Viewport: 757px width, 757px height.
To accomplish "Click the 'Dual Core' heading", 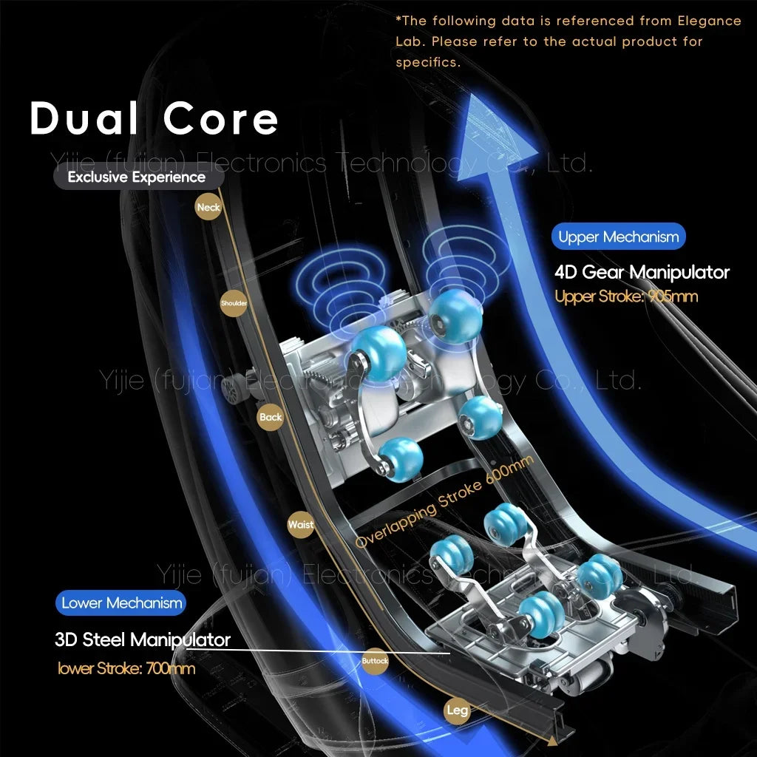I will (154, 118).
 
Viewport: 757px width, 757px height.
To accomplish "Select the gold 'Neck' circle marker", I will (208, 208).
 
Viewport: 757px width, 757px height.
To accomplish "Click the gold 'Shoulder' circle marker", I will (234, 303).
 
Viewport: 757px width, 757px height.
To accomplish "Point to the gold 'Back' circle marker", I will (271, 417).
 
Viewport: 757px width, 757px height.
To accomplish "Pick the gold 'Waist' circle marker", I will (301, 525).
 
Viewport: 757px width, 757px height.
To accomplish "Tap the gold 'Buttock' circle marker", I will (375, 660).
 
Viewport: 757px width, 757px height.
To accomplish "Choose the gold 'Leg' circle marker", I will (457, 710).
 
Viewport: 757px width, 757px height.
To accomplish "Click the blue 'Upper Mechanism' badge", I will (618, 237).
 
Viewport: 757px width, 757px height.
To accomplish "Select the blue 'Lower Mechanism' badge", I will (121, 603).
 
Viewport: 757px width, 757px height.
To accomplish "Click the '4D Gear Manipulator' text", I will (642, 272).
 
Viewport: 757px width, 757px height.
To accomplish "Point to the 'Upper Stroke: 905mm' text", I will (625, 296).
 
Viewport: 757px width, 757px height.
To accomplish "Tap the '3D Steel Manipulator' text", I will (143, 639).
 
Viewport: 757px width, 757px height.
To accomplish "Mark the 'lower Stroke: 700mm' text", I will (126, 668).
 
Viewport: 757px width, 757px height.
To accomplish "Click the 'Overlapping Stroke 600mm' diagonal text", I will (444, 502).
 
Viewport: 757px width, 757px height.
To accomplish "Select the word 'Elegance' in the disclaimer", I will (707, 21).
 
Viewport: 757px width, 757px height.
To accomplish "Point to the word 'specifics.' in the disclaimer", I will (427, 62).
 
